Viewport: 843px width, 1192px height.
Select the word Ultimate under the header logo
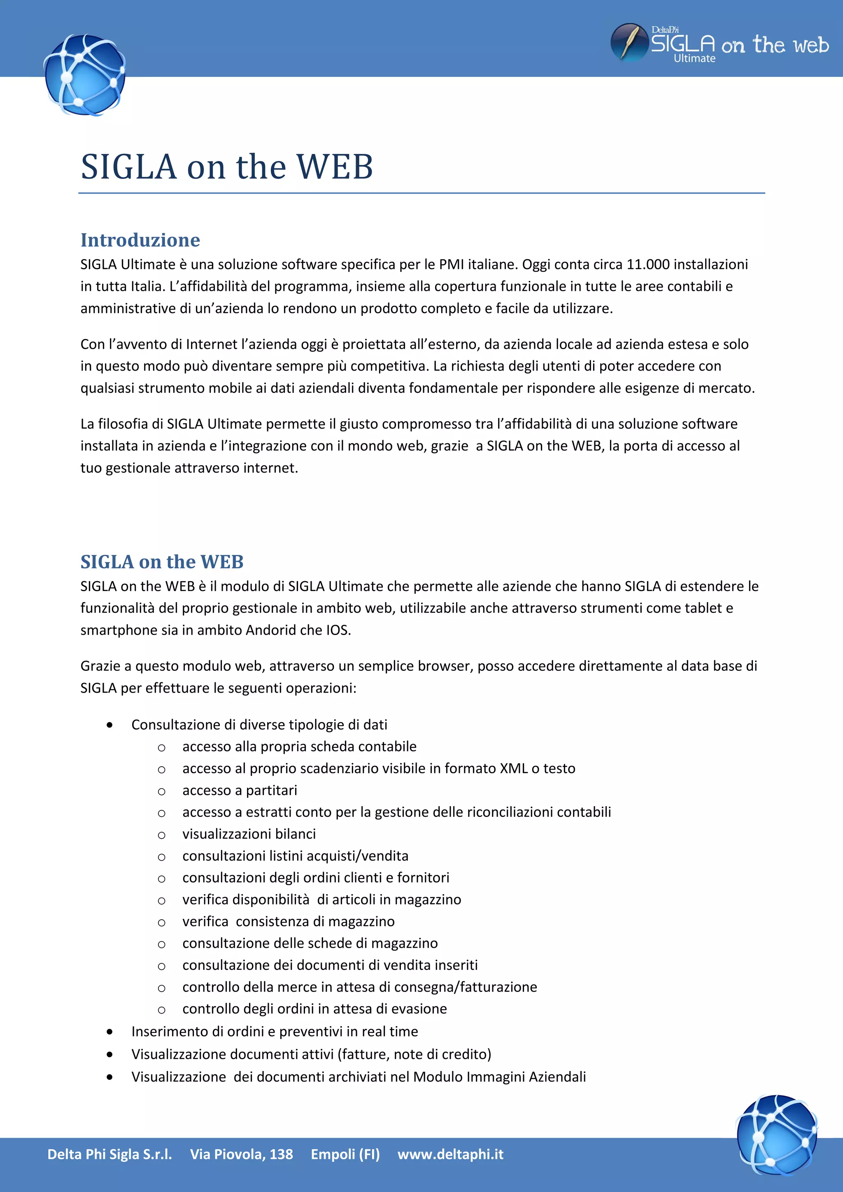coord(694,59)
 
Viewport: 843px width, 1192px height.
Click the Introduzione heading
coord(140,240)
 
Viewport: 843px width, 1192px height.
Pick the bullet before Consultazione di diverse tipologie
coord(109,725)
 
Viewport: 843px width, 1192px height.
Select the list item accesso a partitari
coord(240,790)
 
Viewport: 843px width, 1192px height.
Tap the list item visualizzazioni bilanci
coord(249,834)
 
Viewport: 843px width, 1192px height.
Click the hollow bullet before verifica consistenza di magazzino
coord(161,923)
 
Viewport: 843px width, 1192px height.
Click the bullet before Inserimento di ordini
coord(109,1032)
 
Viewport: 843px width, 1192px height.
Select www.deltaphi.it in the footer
coord(450,1154)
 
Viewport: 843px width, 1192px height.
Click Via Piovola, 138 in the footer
coord(242,1154)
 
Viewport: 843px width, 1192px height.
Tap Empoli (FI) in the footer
coord(345,1154)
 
